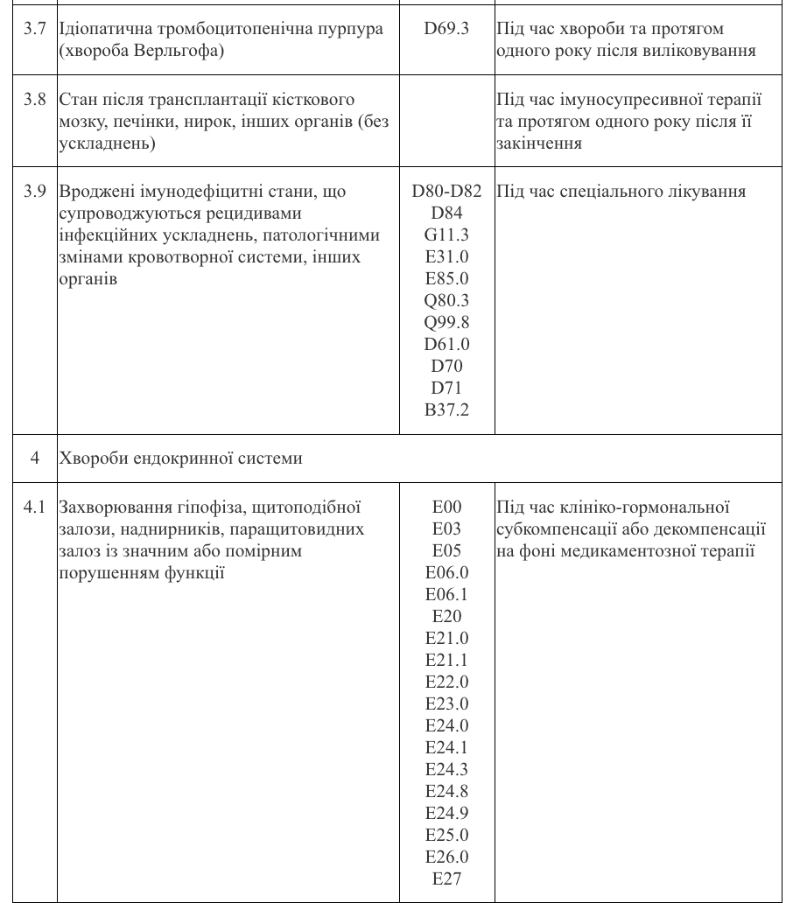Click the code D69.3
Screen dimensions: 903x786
point(446,30)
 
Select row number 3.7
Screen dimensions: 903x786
point(35,30)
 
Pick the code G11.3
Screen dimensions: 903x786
point(446,235)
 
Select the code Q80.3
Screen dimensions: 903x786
point(446,301)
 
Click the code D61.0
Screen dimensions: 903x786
point(446,345)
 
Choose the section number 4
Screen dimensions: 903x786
point(35,458)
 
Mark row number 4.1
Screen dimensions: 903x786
point(35,507)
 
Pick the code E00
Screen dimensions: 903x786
point(446,507)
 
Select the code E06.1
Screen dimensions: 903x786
point(446,595)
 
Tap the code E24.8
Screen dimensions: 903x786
point(446,792)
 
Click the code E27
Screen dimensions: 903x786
point(446,879)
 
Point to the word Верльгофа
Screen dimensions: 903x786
point(179,52)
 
